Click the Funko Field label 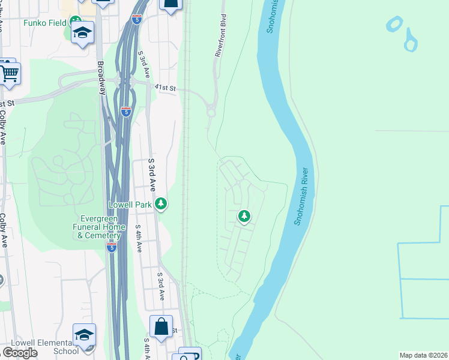coord(46,23)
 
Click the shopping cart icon coord(9,73)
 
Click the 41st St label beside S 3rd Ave coord(165,88)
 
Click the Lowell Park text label coord(130,205)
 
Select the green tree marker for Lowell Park coord(161,204)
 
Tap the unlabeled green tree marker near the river coord(244,215)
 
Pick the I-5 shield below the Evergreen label coord(112,247)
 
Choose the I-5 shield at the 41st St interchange coord(125,111)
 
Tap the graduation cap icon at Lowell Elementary coord(84,335)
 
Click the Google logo coord(20,352)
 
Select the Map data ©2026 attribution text coord(424,355)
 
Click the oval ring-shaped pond coord(394,24)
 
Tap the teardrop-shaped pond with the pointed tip coord(411,42)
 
